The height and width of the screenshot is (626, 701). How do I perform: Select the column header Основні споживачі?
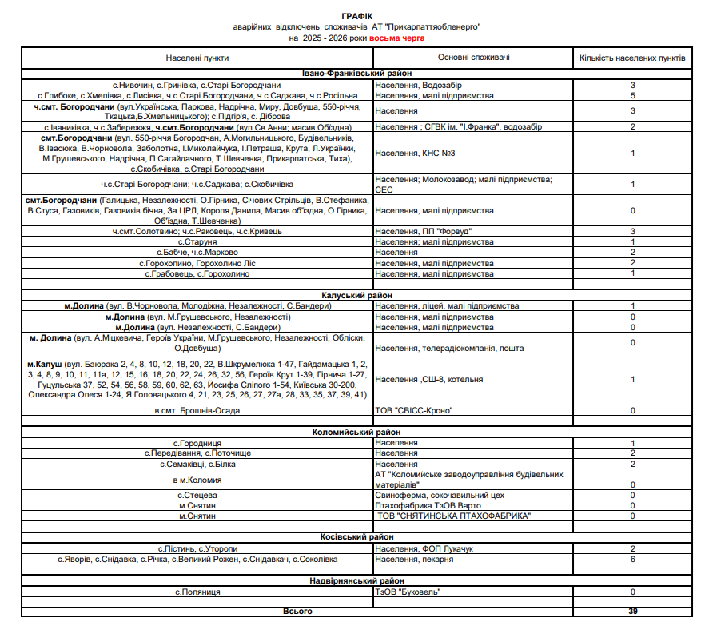(474, 58)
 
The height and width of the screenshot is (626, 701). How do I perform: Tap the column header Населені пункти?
(197, 58)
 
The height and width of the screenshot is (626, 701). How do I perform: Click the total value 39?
(632, 612)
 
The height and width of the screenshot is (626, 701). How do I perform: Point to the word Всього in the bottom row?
(297, 612)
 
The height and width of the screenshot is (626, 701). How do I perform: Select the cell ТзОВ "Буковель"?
(408, 592)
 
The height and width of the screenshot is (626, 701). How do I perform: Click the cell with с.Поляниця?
(197, 592)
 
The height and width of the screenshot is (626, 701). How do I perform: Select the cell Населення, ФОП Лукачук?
(424, 548)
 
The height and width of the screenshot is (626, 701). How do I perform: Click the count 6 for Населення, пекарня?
(632, 559)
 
